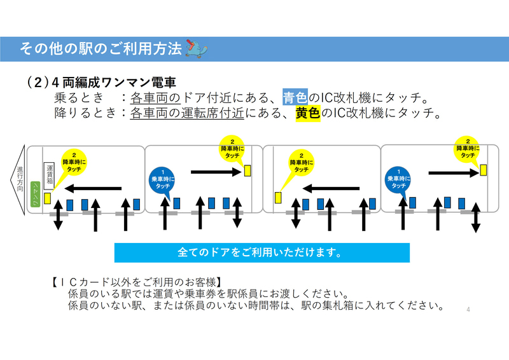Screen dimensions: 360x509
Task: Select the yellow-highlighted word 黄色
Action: tap(307, 114)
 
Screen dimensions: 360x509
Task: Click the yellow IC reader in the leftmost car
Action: tap(47, 198)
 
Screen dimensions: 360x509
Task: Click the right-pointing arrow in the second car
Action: tap(216, 170)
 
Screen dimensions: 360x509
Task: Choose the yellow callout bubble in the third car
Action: tap(302, 163)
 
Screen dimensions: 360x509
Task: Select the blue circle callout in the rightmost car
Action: tap(399, 179)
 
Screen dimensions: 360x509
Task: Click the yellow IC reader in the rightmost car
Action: tap(484, 169)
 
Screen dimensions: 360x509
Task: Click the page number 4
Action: tap(468, 309)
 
